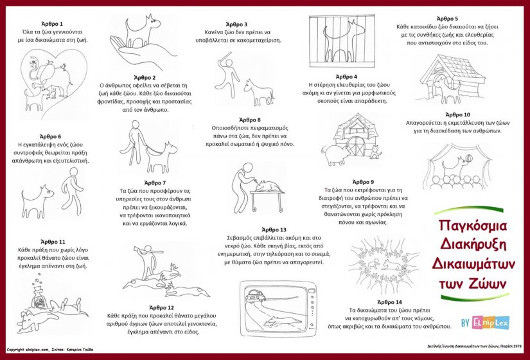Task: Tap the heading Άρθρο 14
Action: pos(389,302)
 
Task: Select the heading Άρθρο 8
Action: pos(250,120)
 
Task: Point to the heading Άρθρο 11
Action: pos(53,242)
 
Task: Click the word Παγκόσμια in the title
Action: pos(473,226)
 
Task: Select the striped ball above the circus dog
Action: pos(469,158)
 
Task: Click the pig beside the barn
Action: pos(335,154)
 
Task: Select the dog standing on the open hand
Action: pos(140,31)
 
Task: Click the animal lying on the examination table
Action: pos(268,186)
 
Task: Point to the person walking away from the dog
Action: pos(72,191)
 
